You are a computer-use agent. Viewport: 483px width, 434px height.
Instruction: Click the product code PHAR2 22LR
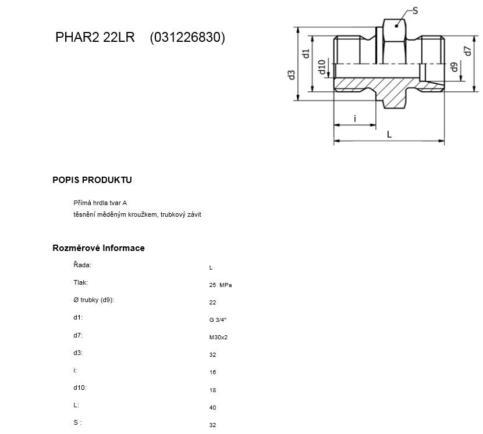click(95, 37)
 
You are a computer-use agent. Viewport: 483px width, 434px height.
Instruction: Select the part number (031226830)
click(187, 38)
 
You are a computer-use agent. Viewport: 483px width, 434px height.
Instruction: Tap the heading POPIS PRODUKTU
click(92, 180)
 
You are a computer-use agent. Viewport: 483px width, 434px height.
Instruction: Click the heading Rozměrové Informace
click(98, 248)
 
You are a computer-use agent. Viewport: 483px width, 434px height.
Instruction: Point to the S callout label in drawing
click(415, 11)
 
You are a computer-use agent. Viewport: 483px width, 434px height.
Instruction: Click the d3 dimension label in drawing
click(292, 75)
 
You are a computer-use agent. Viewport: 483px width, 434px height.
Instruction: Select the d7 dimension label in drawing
click(468, 51)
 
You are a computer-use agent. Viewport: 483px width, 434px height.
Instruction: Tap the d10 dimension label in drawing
click(322, 67)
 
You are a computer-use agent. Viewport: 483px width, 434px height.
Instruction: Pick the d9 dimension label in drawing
click(454, 67)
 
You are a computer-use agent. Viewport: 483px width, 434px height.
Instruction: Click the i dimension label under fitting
click(355, 119)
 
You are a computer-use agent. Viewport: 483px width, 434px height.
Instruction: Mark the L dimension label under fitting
click(389, 134)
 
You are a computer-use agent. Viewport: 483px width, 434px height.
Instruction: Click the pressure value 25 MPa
click(220, 285)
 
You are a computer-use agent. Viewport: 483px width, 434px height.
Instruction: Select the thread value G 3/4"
click(218, 320)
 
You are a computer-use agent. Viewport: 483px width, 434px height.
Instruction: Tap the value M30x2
click(218, 338)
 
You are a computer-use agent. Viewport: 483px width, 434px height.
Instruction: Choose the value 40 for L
click(212, 407)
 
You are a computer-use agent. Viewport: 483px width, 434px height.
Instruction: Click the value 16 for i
click(212, 372)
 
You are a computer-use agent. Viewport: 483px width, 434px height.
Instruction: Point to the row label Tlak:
click(81, 282)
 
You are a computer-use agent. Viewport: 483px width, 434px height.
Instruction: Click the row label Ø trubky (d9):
click(94, 300)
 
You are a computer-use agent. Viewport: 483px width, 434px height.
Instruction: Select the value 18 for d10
click(212, 390)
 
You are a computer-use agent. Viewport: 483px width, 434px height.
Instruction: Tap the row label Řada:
click(82, 265)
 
